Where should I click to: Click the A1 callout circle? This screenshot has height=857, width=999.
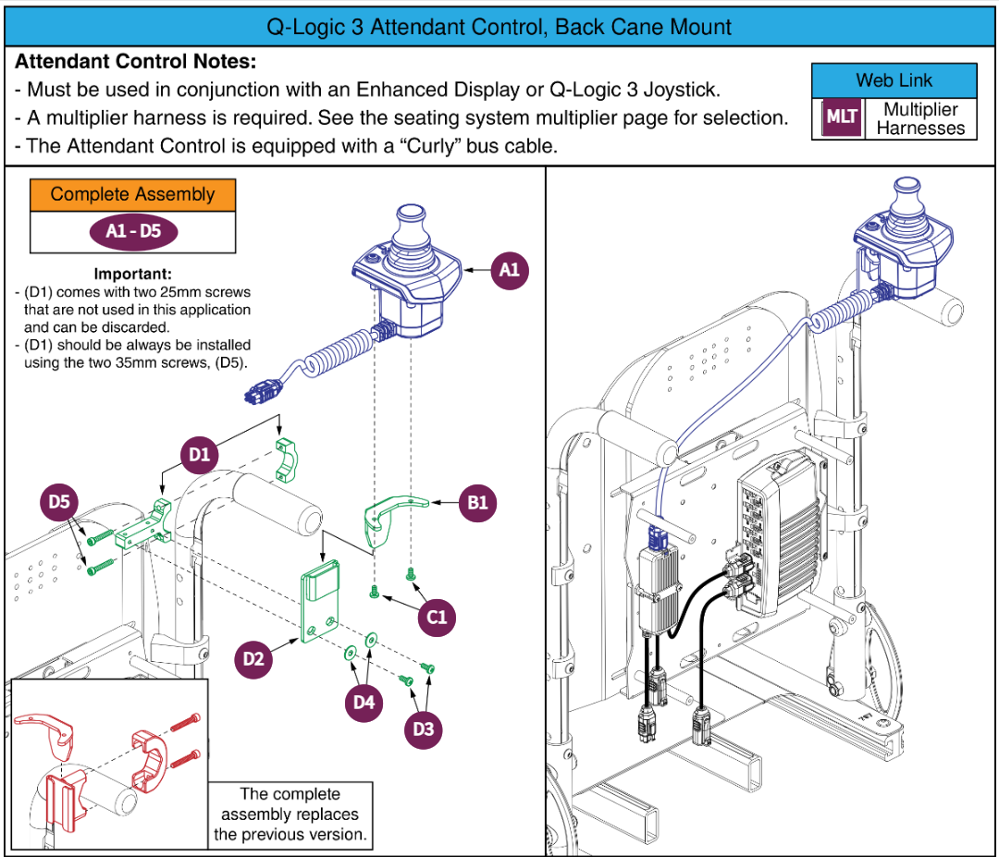[x=510, y=270]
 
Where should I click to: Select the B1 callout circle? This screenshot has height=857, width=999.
[x=478, y=503]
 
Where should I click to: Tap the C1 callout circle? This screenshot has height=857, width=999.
[x=437, y=616]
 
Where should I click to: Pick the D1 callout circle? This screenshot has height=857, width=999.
[x=200, y=454]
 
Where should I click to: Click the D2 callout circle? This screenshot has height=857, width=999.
[x=253, y=658]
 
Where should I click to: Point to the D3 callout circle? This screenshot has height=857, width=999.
[x=424, y=728]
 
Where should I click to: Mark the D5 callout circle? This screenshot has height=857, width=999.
[x=60, y=502]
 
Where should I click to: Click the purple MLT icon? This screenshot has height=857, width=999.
[x=841, y=118]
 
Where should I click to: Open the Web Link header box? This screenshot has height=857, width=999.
[x=894, y=80]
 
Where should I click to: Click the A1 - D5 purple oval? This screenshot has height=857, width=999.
[x=133, y=231]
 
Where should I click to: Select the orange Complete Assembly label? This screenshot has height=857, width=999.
[x=132, y=194]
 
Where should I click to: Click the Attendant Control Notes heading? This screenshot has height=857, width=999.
[x=135, y=62]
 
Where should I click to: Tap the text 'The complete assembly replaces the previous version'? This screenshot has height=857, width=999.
[x=290, y=814]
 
